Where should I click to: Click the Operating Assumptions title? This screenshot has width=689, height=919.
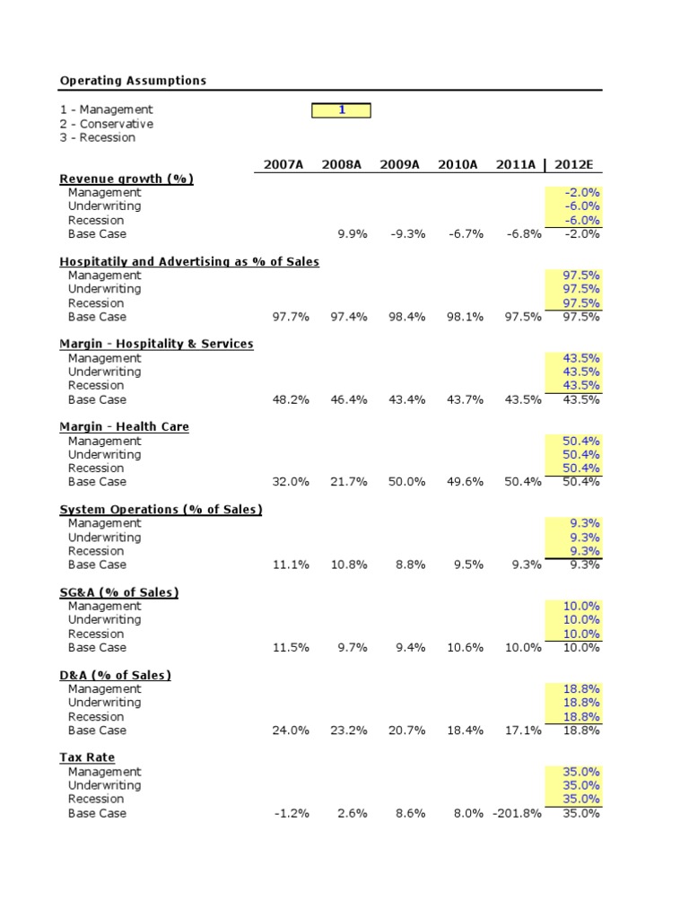pos(133,81)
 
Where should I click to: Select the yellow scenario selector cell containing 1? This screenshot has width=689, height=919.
pos(341,109)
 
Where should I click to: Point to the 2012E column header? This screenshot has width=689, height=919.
pos(579,165)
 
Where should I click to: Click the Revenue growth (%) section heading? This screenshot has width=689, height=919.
pos(126,179)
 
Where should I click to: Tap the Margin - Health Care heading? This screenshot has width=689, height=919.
pos(124,427)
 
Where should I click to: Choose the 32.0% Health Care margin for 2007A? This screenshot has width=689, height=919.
pos(291,482)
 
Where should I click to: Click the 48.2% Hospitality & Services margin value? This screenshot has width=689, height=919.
pos(291,399)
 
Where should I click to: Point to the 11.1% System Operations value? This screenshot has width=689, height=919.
pos(291,565)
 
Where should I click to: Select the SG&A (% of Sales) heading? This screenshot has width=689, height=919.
pos(119,592)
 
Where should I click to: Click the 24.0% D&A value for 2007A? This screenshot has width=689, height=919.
pos(291,731)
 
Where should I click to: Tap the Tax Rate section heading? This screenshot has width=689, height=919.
pos(87,757)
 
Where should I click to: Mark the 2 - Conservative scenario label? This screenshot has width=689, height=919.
pos(107,124)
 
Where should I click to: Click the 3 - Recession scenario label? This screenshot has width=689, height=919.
pos(98,137)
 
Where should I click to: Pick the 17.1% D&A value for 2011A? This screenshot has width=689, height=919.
pos(523,731)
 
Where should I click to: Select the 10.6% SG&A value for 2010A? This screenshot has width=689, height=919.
pos(465,647)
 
